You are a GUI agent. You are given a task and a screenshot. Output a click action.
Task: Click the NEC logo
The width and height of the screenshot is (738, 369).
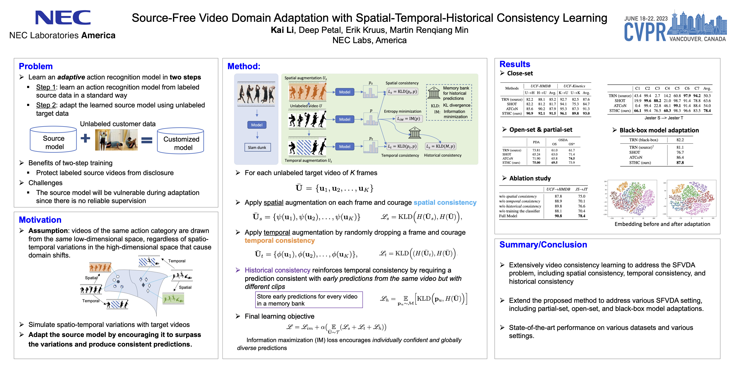pos(63,18)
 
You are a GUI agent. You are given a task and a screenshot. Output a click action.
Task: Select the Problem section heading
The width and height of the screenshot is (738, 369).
pos(36,66)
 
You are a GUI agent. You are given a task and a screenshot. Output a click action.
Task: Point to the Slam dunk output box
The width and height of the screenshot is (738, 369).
pos(257,148)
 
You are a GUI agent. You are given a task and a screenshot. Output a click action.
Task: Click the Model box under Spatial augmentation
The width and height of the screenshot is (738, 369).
pos(344,92)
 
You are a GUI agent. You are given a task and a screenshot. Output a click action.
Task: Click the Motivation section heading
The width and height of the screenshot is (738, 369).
pos(40,220)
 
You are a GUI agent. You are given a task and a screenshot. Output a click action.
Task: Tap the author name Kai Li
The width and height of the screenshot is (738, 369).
pos(282,30)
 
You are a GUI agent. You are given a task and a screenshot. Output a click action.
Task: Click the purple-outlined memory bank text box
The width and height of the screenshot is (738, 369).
pos(309,300)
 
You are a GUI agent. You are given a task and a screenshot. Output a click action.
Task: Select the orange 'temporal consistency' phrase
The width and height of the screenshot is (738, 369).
pos(280,241)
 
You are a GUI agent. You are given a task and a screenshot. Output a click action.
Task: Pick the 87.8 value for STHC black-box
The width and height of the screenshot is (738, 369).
pos(680,163)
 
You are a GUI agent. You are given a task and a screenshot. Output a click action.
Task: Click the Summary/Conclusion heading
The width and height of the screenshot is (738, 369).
pos(543,245)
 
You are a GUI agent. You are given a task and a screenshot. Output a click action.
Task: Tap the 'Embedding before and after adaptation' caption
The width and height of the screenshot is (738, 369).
pos(662,224)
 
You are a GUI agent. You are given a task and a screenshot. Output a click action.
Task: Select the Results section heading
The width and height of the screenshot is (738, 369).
pos(515,64)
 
